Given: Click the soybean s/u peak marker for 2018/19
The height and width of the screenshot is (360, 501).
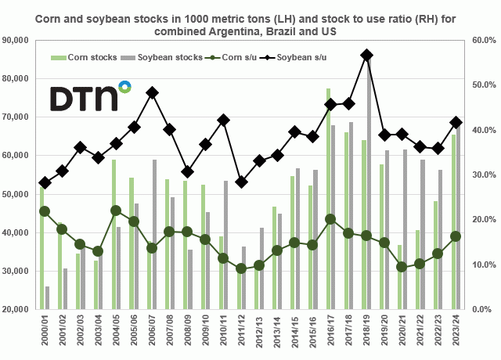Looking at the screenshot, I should (x=366, y=55).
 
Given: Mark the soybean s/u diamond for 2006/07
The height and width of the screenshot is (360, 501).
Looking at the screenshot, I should (x=152, y=92).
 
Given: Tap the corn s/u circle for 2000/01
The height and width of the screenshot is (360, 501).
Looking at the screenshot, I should (x=45, y=211).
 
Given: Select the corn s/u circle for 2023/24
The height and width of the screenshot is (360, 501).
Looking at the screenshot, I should (x=456, y=236).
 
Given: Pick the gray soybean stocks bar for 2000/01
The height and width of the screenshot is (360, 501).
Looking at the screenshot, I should (x=48, y=298).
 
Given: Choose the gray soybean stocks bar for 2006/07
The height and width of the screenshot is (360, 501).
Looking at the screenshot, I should (x=155, y=235).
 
